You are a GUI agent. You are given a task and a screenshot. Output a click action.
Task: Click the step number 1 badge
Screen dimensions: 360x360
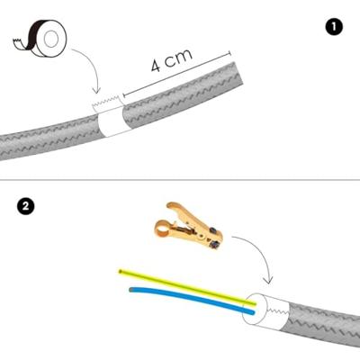click(334, 27)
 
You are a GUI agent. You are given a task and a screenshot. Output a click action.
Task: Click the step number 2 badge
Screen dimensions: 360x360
click(26, 206)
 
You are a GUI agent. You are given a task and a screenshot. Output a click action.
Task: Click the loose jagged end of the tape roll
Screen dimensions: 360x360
click(17, 43)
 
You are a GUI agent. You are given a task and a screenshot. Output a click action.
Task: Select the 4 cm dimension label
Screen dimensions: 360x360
click(171, 60)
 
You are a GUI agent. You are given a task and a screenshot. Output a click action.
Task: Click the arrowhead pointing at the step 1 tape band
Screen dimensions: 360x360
click(97, 91)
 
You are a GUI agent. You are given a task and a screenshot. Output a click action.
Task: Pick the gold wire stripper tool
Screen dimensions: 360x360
click(189, 226)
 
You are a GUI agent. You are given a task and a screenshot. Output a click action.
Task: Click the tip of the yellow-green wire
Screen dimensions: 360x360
click(121, 272)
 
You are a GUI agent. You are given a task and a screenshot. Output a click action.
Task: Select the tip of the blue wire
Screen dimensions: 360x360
click(131, 290)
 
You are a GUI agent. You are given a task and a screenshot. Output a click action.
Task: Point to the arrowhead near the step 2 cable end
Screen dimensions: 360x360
click(268, 281)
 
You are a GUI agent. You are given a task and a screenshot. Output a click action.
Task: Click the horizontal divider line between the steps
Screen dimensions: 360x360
click(180, 180)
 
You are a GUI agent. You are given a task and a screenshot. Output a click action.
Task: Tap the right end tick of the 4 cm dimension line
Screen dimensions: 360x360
click(230, 53)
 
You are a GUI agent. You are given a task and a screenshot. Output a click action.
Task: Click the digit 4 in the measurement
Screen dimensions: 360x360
click(156, 67)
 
